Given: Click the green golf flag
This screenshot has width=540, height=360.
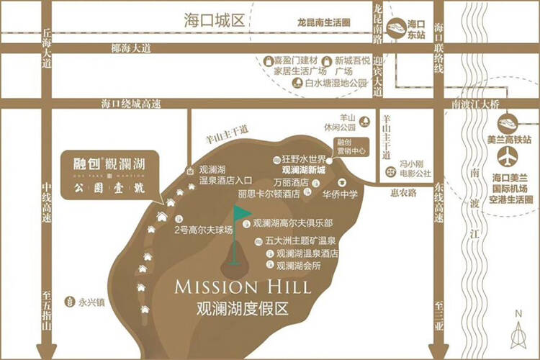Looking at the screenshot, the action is coord(243,214).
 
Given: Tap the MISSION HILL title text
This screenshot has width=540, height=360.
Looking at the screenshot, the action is coord(243,287).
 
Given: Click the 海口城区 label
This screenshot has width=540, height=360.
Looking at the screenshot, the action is coord(214,19).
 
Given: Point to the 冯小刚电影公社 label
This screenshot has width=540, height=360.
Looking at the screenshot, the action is coord(415,173).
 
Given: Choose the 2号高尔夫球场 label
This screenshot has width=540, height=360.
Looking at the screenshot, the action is coord(204,230).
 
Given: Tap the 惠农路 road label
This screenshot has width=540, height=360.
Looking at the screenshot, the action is coord(400,194).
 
